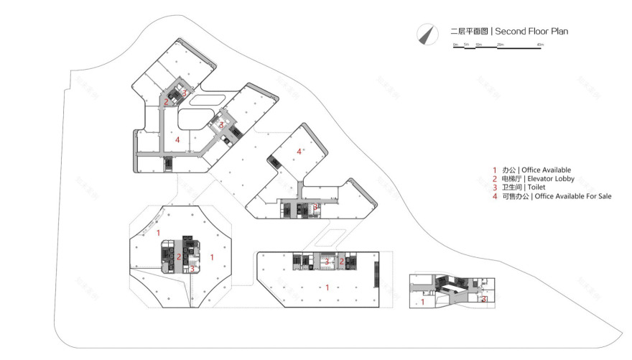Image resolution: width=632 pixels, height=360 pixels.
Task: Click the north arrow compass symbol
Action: click(x=428, y=33)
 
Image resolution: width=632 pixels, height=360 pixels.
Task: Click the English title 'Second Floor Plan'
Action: click(x=531, y=32)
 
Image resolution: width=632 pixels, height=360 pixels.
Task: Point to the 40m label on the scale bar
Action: click(x=540, y=45)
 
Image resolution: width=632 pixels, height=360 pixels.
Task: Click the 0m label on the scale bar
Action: click(x=455, y=45)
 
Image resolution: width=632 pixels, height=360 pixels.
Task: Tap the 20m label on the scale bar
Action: click(x=500, y=45)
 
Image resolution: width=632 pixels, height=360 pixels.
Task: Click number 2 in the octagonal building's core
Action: click(x=179, y=257)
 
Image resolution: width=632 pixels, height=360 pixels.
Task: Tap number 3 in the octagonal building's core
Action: click(x=192, y=269)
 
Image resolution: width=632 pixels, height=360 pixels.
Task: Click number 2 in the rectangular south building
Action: click(x=342, y=262)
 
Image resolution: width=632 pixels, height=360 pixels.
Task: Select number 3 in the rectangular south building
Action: click(x=327, y=262)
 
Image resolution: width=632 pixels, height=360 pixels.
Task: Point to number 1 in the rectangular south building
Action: click(x=327, y=287)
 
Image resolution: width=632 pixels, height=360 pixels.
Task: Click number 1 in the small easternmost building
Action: click(x=422, y=303)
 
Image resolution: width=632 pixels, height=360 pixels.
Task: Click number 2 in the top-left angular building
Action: click(x=166, y=102)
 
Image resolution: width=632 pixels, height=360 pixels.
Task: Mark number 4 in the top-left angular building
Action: click(x=177, y=139)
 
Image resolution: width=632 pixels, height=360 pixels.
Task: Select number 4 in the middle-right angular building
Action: click(x=299, y=151)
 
